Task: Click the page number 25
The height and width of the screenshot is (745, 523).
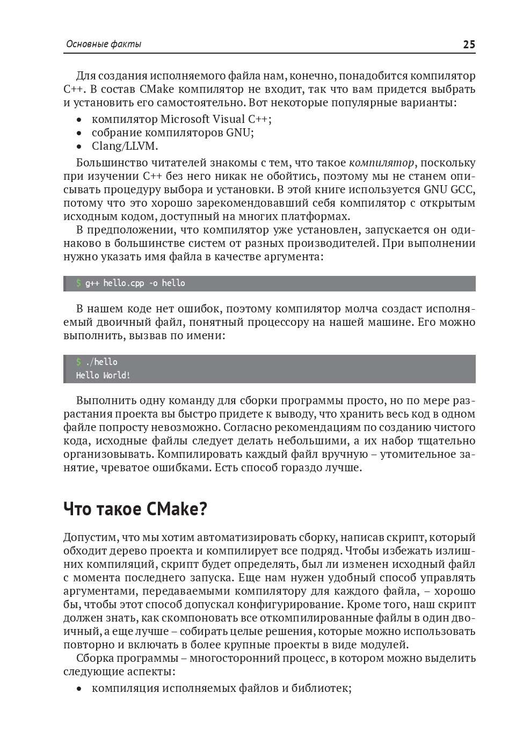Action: pyautogui.click(x=469, y=45)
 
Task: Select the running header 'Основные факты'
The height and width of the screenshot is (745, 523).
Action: pyautogui.click(x=103, y=45)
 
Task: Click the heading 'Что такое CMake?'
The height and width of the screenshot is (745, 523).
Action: pyautogui.click(x=135, y=509)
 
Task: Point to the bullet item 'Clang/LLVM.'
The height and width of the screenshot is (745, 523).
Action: pyautogui.click(x=125, y=146)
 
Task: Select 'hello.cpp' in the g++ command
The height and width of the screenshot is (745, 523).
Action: pyautogui.click(x=124, y=283)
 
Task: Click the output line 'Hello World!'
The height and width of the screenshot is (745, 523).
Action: pyautogui.click(x=103, y=376)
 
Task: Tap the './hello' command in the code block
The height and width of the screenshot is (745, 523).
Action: pyautogui.click(x=101, y=362)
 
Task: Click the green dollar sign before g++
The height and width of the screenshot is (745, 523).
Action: pyautogui.click(x=78, y=283)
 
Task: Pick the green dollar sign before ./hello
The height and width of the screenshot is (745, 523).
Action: pyautogui.click(x=78, y=362)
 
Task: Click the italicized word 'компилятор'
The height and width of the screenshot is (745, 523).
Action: pyautogui.click(x=381, y=163)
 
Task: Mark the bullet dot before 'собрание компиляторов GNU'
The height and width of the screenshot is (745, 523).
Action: pyautogui.click(x=79, y=133)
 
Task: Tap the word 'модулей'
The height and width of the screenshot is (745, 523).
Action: pyautogui.click(x=383, y=645)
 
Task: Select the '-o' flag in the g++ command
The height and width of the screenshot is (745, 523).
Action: pyautogui.click(x=153, y=283)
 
